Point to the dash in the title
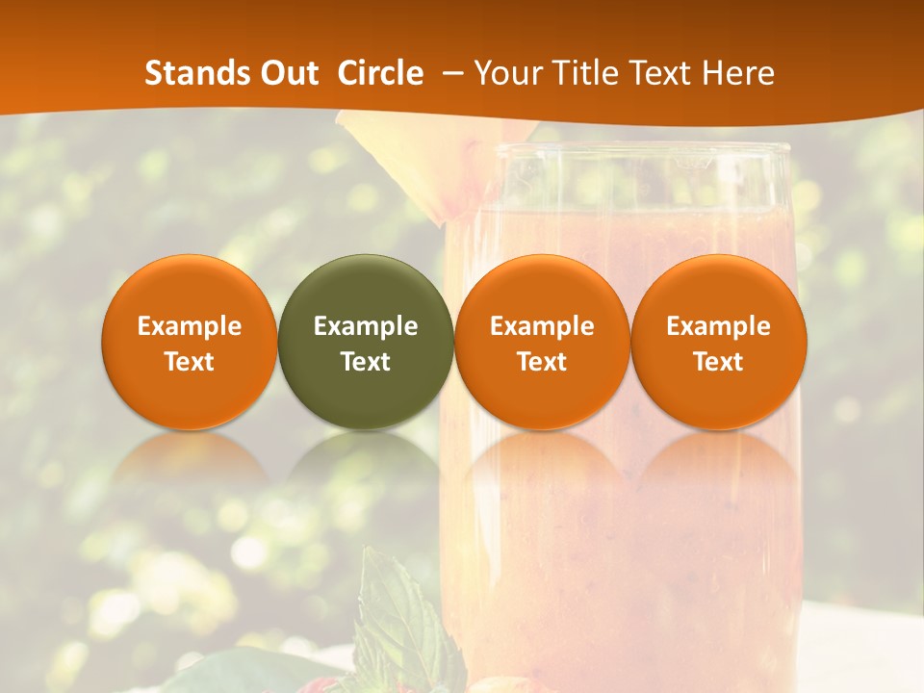449,74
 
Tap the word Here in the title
739,73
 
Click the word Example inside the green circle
366,326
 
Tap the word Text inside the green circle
366,362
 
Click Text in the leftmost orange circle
189,362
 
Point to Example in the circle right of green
542,326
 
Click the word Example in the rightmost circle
718,326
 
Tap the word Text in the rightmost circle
718,362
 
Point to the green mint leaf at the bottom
399,616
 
